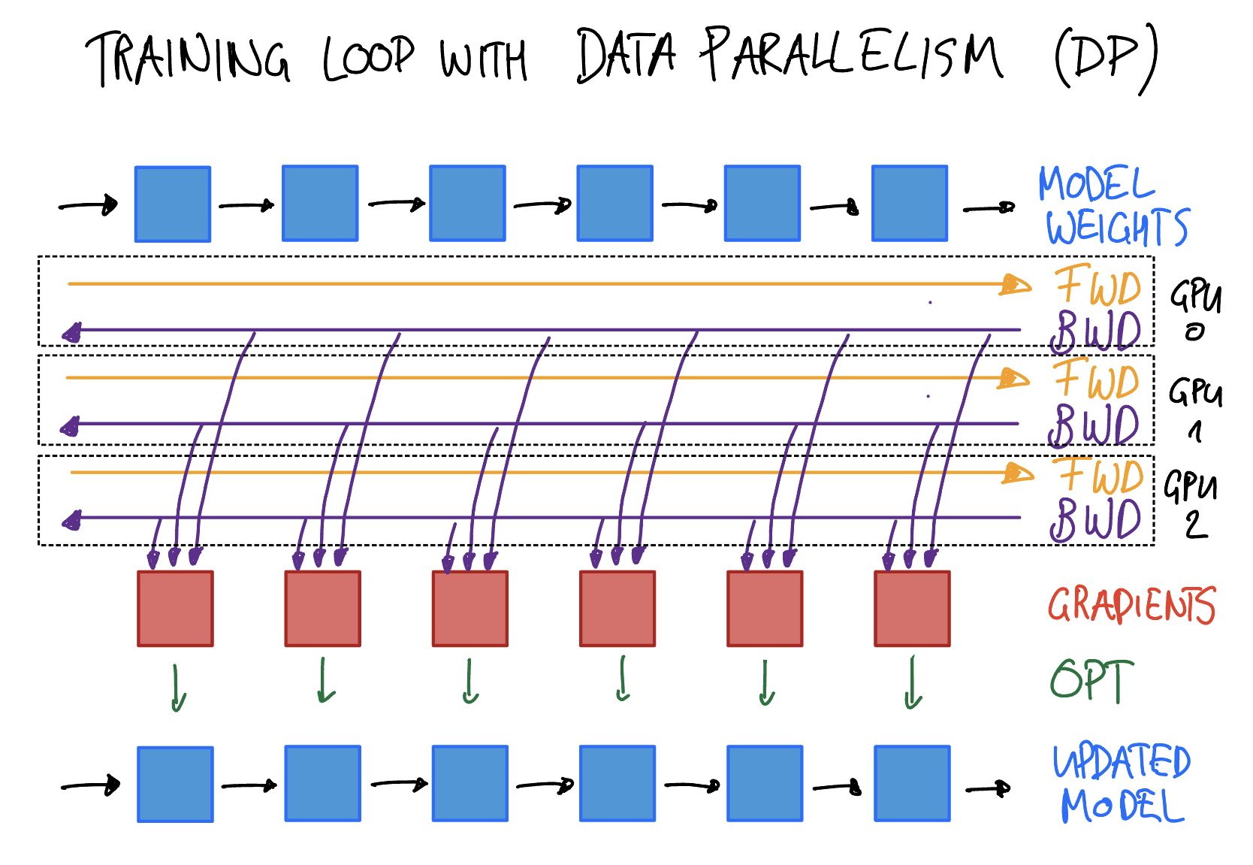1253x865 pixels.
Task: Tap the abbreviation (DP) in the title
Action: [x=1106, y=59]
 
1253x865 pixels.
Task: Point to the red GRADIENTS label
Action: [x=1131, y=605]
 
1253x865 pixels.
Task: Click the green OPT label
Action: [x=1091, y=680]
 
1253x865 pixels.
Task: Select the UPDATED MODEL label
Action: [x=1121, y=784]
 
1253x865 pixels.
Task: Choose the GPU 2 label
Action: [x=1192, y=504]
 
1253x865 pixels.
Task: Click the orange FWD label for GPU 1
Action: [x=1097, y=379]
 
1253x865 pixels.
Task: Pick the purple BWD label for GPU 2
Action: [x=1096, y=519]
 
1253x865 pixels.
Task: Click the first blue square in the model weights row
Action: [x=173, y=204]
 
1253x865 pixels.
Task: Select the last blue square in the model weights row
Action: [x=910, y=203]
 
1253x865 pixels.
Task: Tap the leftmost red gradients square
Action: [x=175, y=609]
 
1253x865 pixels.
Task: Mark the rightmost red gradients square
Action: [x=912, y=609]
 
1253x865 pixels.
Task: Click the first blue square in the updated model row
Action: [x=175, y=784]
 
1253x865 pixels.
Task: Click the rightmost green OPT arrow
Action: [x=913, y=682]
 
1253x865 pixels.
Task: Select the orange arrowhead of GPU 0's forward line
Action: [x=1016, y=285]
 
